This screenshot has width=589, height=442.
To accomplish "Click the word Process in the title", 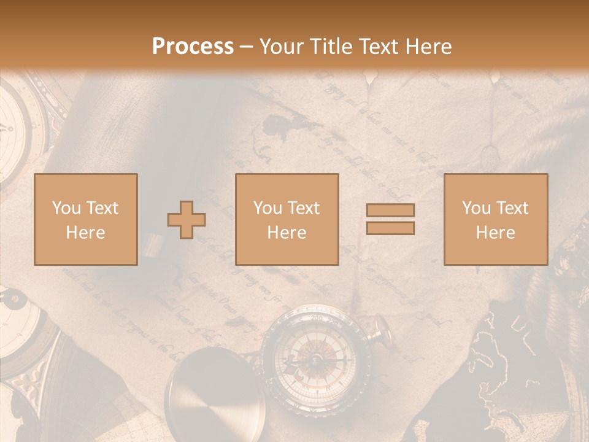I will (193, 47).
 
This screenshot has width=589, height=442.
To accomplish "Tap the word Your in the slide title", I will (281, 47).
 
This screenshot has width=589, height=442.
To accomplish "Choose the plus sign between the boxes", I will (187, 219).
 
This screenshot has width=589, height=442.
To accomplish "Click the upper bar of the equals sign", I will (390, 210).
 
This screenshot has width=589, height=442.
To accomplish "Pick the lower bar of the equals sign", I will (390, 228).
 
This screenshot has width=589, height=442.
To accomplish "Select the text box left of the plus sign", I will (86, 219).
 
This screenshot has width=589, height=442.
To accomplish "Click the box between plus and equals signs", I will (287, 219).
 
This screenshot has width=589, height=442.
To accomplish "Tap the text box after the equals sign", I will (496, 219).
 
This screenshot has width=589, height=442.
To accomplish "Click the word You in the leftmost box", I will (65, 208).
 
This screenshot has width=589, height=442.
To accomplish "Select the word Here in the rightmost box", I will (496, 233).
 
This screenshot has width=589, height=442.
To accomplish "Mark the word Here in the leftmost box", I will (86, 233).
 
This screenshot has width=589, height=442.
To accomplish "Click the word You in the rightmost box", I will (475, 208).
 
